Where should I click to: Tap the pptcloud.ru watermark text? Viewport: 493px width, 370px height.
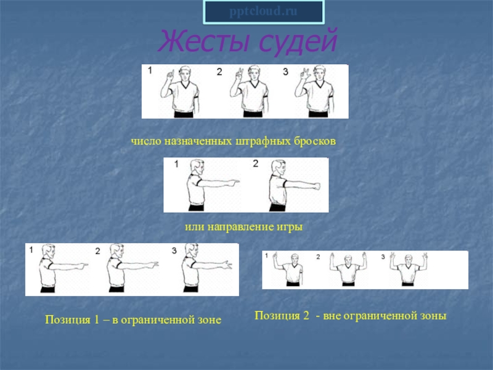263,12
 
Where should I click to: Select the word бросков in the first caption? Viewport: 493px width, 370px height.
315,141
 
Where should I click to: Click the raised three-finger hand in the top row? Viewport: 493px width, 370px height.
306,74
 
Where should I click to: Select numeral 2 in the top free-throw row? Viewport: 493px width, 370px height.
219,72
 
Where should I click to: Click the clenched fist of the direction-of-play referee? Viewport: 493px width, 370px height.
317,186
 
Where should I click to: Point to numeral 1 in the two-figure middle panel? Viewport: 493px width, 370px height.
176,164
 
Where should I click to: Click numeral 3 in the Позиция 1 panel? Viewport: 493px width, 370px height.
174,250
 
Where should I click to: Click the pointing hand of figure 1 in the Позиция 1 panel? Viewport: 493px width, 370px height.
83,266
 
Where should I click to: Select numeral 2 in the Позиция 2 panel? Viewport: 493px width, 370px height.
318,257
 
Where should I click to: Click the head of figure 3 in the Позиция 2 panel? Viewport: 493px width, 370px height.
407,260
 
